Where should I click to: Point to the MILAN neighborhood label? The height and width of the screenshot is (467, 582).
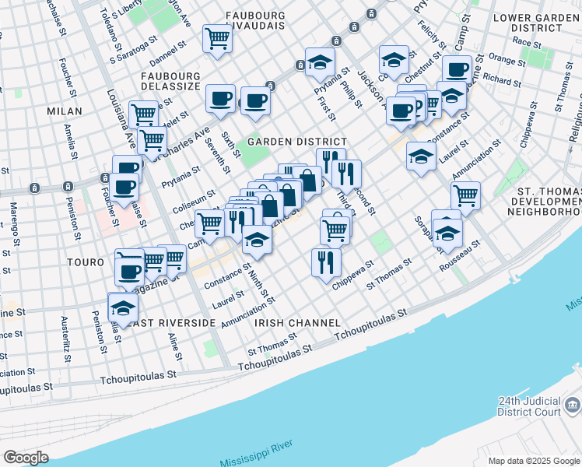64,111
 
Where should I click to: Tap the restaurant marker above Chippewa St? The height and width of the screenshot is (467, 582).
325,262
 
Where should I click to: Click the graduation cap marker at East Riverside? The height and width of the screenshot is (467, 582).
122,307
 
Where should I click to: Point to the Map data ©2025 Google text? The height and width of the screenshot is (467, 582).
533,461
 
